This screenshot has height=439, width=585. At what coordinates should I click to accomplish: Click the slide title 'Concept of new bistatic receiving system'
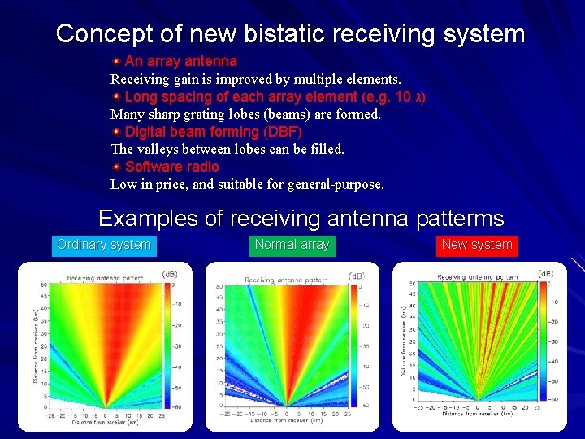[291, 34]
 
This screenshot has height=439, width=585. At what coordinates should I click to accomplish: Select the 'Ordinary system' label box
[104, 245]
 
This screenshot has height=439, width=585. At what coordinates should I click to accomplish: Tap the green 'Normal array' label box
[292, 245]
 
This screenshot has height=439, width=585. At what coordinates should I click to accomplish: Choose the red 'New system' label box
[477, 245]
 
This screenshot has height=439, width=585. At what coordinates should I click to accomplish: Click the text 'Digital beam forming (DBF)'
[214, 132]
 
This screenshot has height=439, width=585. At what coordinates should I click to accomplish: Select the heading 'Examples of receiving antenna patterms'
[301, 219]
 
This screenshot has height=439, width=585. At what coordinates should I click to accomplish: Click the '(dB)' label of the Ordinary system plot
[171, 274]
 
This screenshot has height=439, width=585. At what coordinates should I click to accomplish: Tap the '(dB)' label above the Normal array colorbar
[357, 276]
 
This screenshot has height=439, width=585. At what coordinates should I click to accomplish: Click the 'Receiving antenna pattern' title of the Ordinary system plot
[105, 278]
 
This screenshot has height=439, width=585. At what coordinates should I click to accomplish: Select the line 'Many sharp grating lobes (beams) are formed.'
[245, 114]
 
